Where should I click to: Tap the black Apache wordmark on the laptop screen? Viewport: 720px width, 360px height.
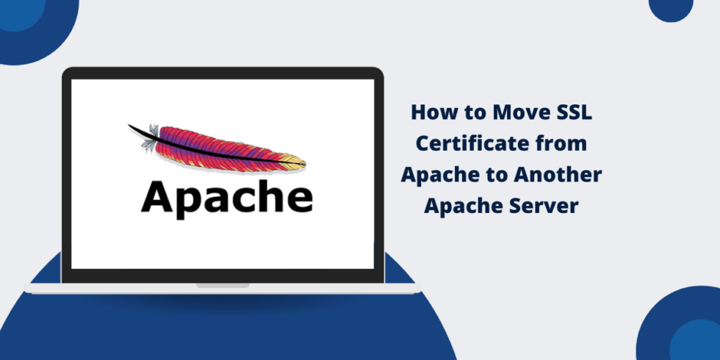pos(227,198)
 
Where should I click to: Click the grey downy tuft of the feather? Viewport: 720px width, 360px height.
pos(150,138)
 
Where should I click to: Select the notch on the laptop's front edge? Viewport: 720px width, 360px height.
pos(223,286)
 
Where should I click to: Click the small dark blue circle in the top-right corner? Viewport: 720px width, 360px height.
pos(671,7)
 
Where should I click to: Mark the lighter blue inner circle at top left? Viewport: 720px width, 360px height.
pos(18,13)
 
